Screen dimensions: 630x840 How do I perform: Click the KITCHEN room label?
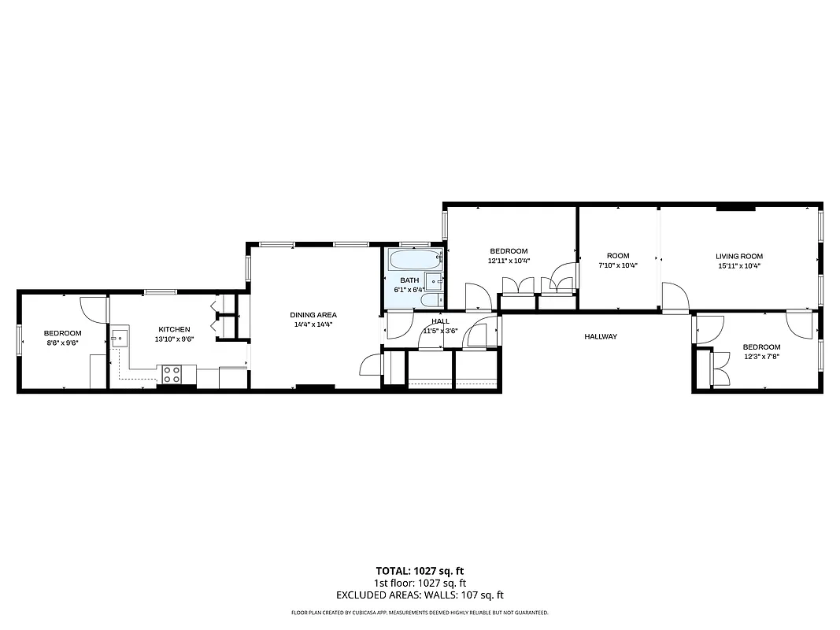coord(174,329)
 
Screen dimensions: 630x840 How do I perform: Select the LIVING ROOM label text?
coord(738,256)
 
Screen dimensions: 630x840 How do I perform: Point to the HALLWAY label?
coord(600,336)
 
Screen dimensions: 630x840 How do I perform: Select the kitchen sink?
coord(119,339)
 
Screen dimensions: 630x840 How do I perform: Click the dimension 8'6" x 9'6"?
coord(62,343)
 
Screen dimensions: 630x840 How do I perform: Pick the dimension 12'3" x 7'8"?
coord(761,357)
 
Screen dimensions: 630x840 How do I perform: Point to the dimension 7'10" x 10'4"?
coord(618,265)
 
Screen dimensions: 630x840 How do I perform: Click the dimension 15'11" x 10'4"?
coord(738,265)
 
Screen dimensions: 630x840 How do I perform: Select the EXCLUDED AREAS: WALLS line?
coord(420,595)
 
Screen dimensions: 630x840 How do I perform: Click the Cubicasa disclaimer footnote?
coord(420,612)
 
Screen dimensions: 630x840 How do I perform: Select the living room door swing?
coord(675,298)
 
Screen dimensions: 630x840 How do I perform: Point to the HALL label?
coord(441,321)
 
